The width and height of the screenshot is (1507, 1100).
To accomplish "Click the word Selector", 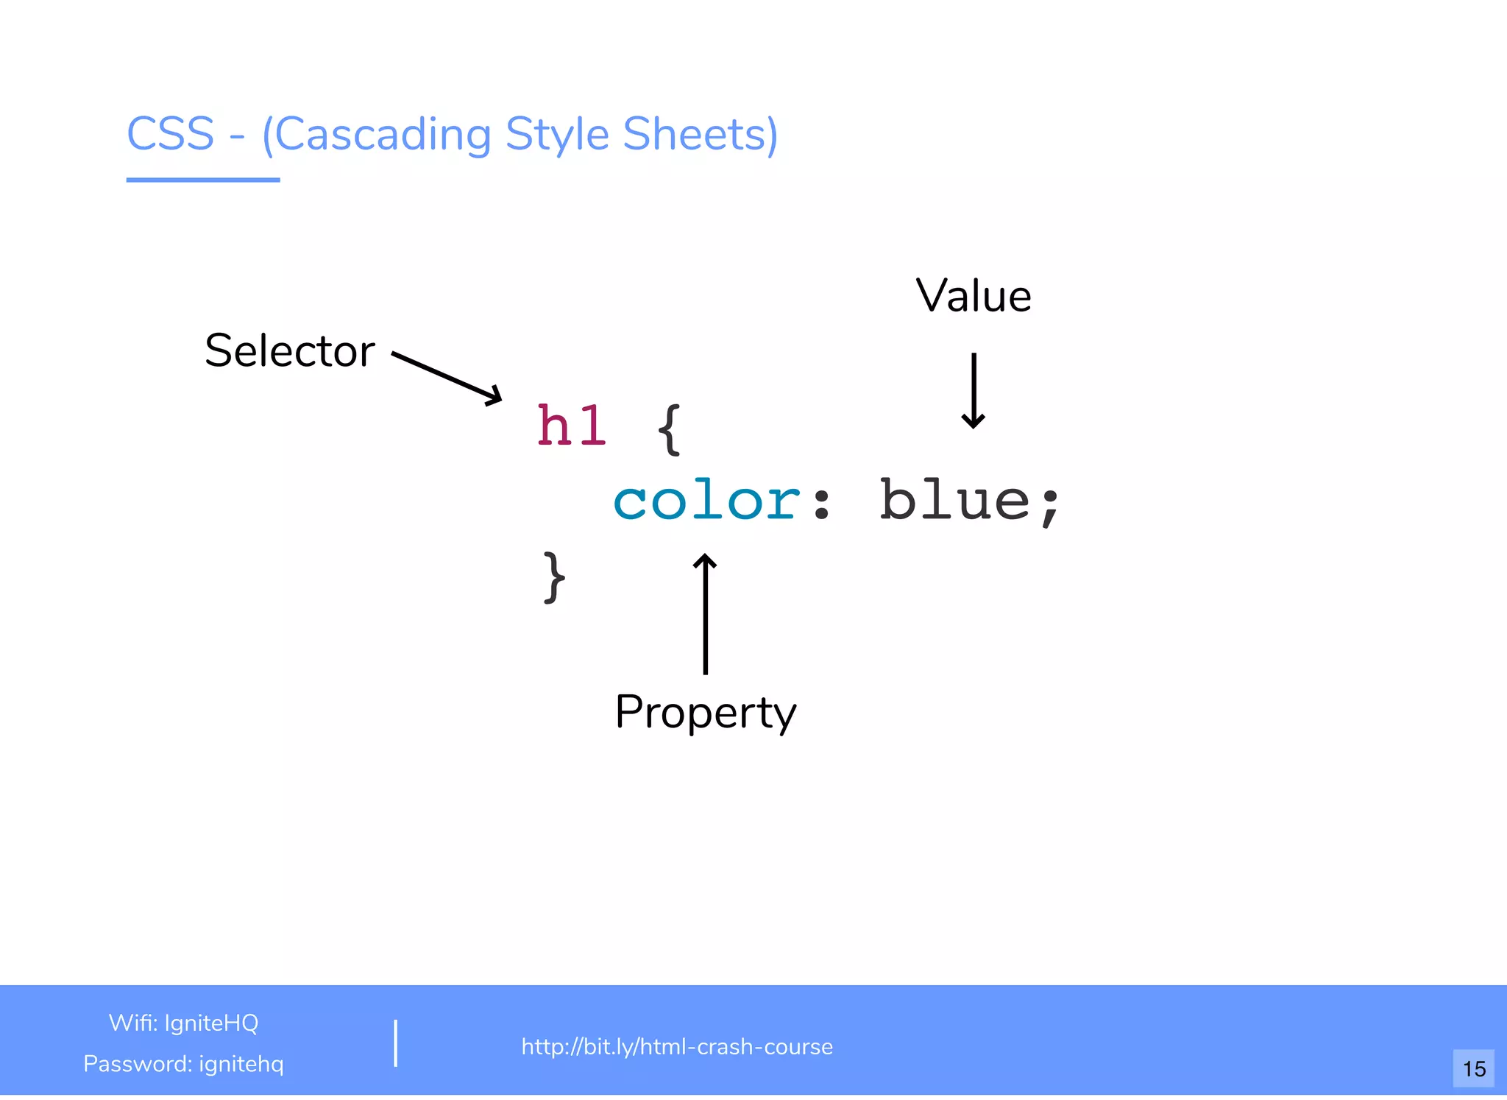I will click(290, 350).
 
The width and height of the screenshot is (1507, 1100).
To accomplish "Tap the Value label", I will click(973, 296).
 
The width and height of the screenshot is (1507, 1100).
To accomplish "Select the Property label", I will click(706, 712).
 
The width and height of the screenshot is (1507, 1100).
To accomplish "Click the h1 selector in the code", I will click(571, 426).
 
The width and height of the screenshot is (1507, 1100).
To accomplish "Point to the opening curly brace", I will click(670, 429).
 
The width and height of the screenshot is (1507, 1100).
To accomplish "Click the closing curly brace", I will click(554, 577).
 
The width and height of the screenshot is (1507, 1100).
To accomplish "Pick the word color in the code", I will click(706, 501).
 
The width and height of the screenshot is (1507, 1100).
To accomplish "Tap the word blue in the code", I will click(954, 501).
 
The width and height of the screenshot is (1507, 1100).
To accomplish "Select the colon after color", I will click(821, 504).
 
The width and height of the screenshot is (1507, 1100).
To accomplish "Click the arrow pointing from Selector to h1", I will click(447, 378).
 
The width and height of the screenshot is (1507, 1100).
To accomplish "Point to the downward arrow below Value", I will click(974, 390).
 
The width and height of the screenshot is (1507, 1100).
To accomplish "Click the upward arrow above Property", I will click(705, 613).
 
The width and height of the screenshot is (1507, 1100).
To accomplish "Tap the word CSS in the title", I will click(171, 134).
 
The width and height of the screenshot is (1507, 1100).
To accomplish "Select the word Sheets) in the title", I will click(700, 135).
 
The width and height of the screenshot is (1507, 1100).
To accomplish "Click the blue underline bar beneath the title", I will click(203, 179).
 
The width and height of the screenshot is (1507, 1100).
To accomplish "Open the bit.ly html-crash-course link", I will click(677, 1046).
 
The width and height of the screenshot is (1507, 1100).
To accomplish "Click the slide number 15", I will click(1474, 1068).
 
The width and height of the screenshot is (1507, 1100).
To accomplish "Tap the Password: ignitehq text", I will click(183, 1064).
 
